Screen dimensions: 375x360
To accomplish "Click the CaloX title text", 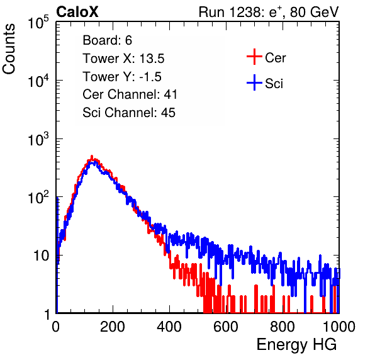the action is tap(77, 12).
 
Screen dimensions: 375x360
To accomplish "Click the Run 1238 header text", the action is tap(269, 12).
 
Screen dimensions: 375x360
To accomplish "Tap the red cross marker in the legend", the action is tap(254, 57).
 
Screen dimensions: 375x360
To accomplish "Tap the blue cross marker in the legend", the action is tap(254, 82).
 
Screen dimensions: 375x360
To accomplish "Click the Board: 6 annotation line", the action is tap(107, 40).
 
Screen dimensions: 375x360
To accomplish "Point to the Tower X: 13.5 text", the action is tap(123, 59).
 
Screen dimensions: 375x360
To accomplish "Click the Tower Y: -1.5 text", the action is tap(122, 77).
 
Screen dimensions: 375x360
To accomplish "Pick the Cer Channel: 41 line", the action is tap(130, 94).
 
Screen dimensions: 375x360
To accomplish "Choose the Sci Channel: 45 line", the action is tap(129, 113).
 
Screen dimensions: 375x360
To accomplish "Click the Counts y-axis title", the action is tap(9, 48).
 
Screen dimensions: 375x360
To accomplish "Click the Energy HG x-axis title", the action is tap(296, 345).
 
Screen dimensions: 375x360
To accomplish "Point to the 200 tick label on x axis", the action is tap(113, 327).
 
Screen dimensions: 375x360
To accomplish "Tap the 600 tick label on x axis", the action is tap(225, 327).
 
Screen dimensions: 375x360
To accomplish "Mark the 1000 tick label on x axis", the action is tap(339, 327).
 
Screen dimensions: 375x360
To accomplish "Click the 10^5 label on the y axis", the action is tap(38, 23).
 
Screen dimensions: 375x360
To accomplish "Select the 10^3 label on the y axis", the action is tap(38, 139).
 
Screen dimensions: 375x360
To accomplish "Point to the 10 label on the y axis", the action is tap(42, 256).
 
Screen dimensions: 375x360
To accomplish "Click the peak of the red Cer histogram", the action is tap(92, 156).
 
